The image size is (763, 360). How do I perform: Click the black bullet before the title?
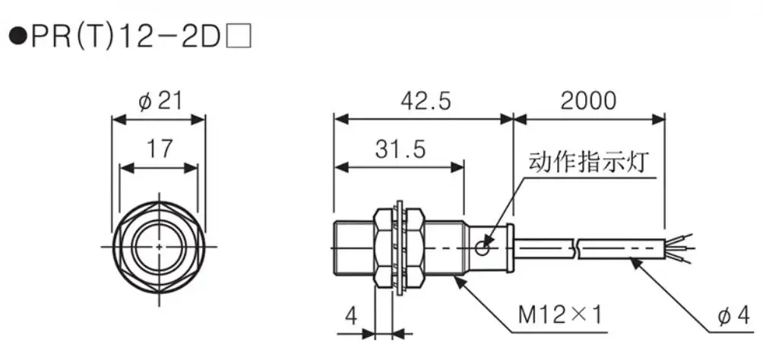click(x=16, y=36)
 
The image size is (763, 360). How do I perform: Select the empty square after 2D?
click(x=239, y=36)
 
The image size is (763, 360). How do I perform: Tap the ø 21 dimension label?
click(x=160, y=101)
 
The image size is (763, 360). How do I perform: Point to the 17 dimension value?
click(x=159, y=149)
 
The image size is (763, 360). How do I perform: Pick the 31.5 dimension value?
click(x=400, y=149)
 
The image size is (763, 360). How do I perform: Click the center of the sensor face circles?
click(x=158, y=247)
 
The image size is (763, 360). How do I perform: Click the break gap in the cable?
click(x=575, y=248)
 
